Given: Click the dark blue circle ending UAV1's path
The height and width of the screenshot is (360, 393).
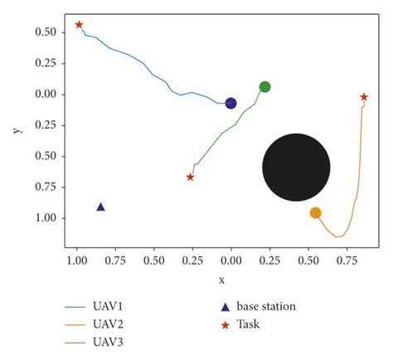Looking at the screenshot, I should click(230, 103).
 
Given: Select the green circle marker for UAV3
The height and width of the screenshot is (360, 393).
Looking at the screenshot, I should click(264, 87).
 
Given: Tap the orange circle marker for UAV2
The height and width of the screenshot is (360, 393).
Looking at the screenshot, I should click(315, 213).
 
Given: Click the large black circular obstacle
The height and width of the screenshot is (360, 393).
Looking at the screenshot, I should click(296, 167).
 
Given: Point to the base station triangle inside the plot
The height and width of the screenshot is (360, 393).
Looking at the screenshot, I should click(100, 207).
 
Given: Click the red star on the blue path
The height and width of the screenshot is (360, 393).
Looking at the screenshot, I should click(79, 25).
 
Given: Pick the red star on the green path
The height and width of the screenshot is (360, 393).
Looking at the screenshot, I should click(191, 177).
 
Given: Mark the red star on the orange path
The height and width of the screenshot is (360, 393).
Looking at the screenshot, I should click(364, 97).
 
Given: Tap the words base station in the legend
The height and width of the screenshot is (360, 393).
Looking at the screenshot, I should click(266, 306).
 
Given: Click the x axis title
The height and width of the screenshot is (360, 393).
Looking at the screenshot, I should click(221, 280).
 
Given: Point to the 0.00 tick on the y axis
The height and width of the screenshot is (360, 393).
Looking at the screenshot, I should click(46, 94).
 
